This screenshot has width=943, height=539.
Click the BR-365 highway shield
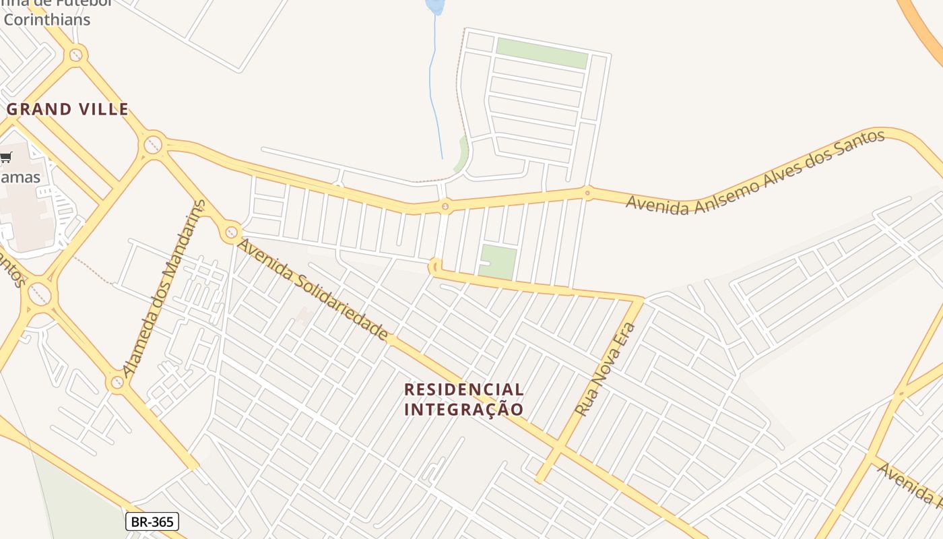(x=152, y=521)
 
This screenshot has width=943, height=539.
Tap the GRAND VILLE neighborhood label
(x=67, y=109)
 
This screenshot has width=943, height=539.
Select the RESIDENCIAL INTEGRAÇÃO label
(x=463, y=399)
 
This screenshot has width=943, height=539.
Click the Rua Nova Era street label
(x=605, y=369)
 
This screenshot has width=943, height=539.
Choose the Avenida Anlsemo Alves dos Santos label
(x=755, y=172)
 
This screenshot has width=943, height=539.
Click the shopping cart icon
(x=6, y=158)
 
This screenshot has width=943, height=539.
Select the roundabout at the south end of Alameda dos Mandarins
(x=117, y=383)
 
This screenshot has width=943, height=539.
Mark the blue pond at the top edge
(x=435, y=6)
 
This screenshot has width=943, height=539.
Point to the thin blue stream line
(x=436, y=88)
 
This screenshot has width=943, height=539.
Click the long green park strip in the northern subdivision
(x=542, y=53)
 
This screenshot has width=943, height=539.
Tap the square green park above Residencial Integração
(x=498, y=262)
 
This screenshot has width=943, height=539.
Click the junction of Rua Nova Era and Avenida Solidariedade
(x=558, y=447)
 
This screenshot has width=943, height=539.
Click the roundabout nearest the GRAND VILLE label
(x=153, y=144)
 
